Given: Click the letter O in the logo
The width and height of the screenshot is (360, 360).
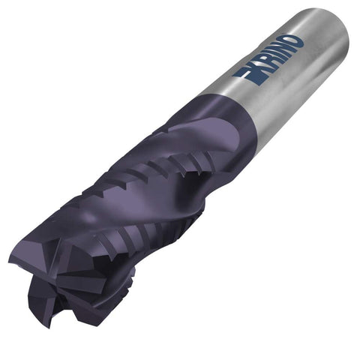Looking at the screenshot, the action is click(x=292, y=43).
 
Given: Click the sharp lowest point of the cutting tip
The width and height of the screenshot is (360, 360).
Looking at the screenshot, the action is click(x=51, y=328).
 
